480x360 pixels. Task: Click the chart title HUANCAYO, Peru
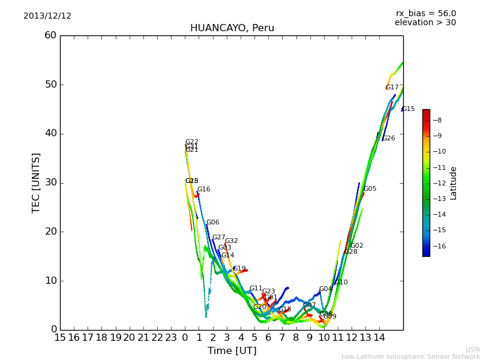pyautogui.click(x=232, y=28)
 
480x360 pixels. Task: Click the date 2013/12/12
pyautogui.click(x=47, y=16)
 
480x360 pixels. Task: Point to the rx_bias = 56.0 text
pyautogui.click(x=425, y=13)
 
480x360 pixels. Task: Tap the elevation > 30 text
pyautogui.click(x=425, y=23)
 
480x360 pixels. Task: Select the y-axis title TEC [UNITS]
pyautogui.click(x=36, y=183)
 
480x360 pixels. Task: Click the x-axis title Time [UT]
pyautogui.click(x=232, y=351)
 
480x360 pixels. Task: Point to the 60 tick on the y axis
pyautogui.click(x=50, y=35)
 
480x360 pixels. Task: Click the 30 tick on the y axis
pyautogui.click(x=50, y=182)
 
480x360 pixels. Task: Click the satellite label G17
pyautogui.click(x=392, y=88)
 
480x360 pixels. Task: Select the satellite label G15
pyautogui.click(x=409, y=109)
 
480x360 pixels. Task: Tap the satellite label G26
pyautogui.click(x=389, y=139)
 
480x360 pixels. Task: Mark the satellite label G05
pyautogui.click(x=370, y=189)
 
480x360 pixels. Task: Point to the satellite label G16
pyautogui.click(x=204, y=190)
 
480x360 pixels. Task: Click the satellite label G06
pyautogui.click(x=213, y=223)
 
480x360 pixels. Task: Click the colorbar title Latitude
pyautogui.click(x=454, y=183)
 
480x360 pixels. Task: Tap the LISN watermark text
pyautogui.click(x=472, y=349)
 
